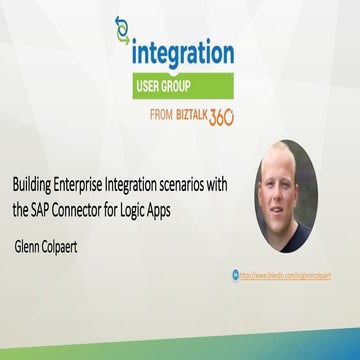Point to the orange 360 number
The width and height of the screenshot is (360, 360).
221,115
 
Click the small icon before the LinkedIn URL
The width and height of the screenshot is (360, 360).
236,272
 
